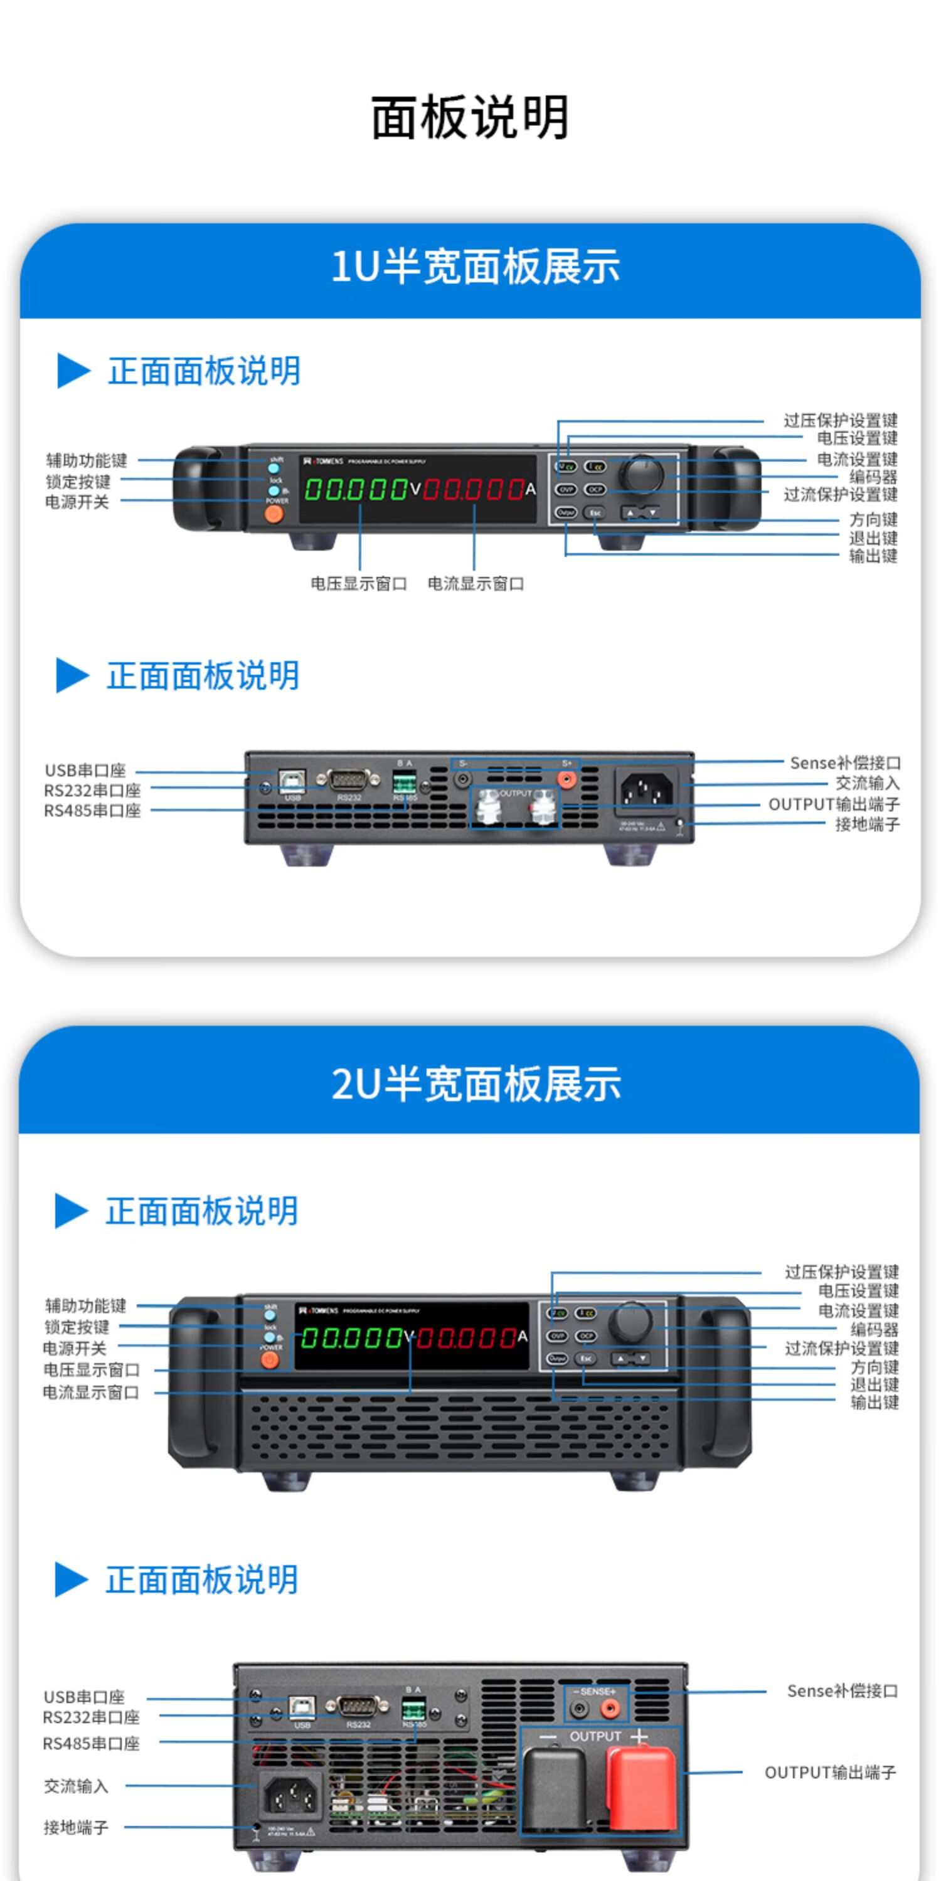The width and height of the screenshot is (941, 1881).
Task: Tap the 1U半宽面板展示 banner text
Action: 475,266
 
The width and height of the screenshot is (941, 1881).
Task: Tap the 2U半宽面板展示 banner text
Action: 476,1083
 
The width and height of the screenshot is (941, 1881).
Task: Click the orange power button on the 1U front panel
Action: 274,514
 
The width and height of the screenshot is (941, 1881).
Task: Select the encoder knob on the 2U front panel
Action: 630,1319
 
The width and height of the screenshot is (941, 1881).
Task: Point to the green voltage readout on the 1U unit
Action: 355,489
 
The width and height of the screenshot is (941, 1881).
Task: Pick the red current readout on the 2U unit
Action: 466,1338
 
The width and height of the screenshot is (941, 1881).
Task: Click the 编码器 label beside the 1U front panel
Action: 873,477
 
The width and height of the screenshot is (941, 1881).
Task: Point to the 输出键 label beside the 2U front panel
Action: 874,1402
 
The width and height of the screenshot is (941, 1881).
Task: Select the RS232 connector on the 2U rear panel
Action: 358,1707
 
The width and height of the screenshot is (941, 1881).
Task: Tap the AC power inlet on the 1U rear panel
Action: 646,790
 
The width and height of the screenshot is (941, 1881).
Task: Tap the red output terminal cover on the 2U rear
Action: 642,1788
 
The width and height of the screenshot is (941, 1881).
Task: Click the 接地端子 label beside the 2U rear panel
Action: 76,1828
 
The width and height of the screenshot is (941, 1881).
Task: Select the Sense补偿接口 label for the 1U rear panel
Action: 844,763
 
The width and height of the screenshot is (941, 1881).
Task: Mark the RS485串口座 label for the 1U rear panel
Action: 92,811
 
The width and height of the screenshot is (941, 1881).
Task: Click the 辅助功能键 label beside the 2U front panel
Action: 85,1305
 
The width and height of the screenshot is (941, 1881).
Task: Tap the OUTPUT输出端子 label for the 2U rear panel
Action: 830,1772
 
